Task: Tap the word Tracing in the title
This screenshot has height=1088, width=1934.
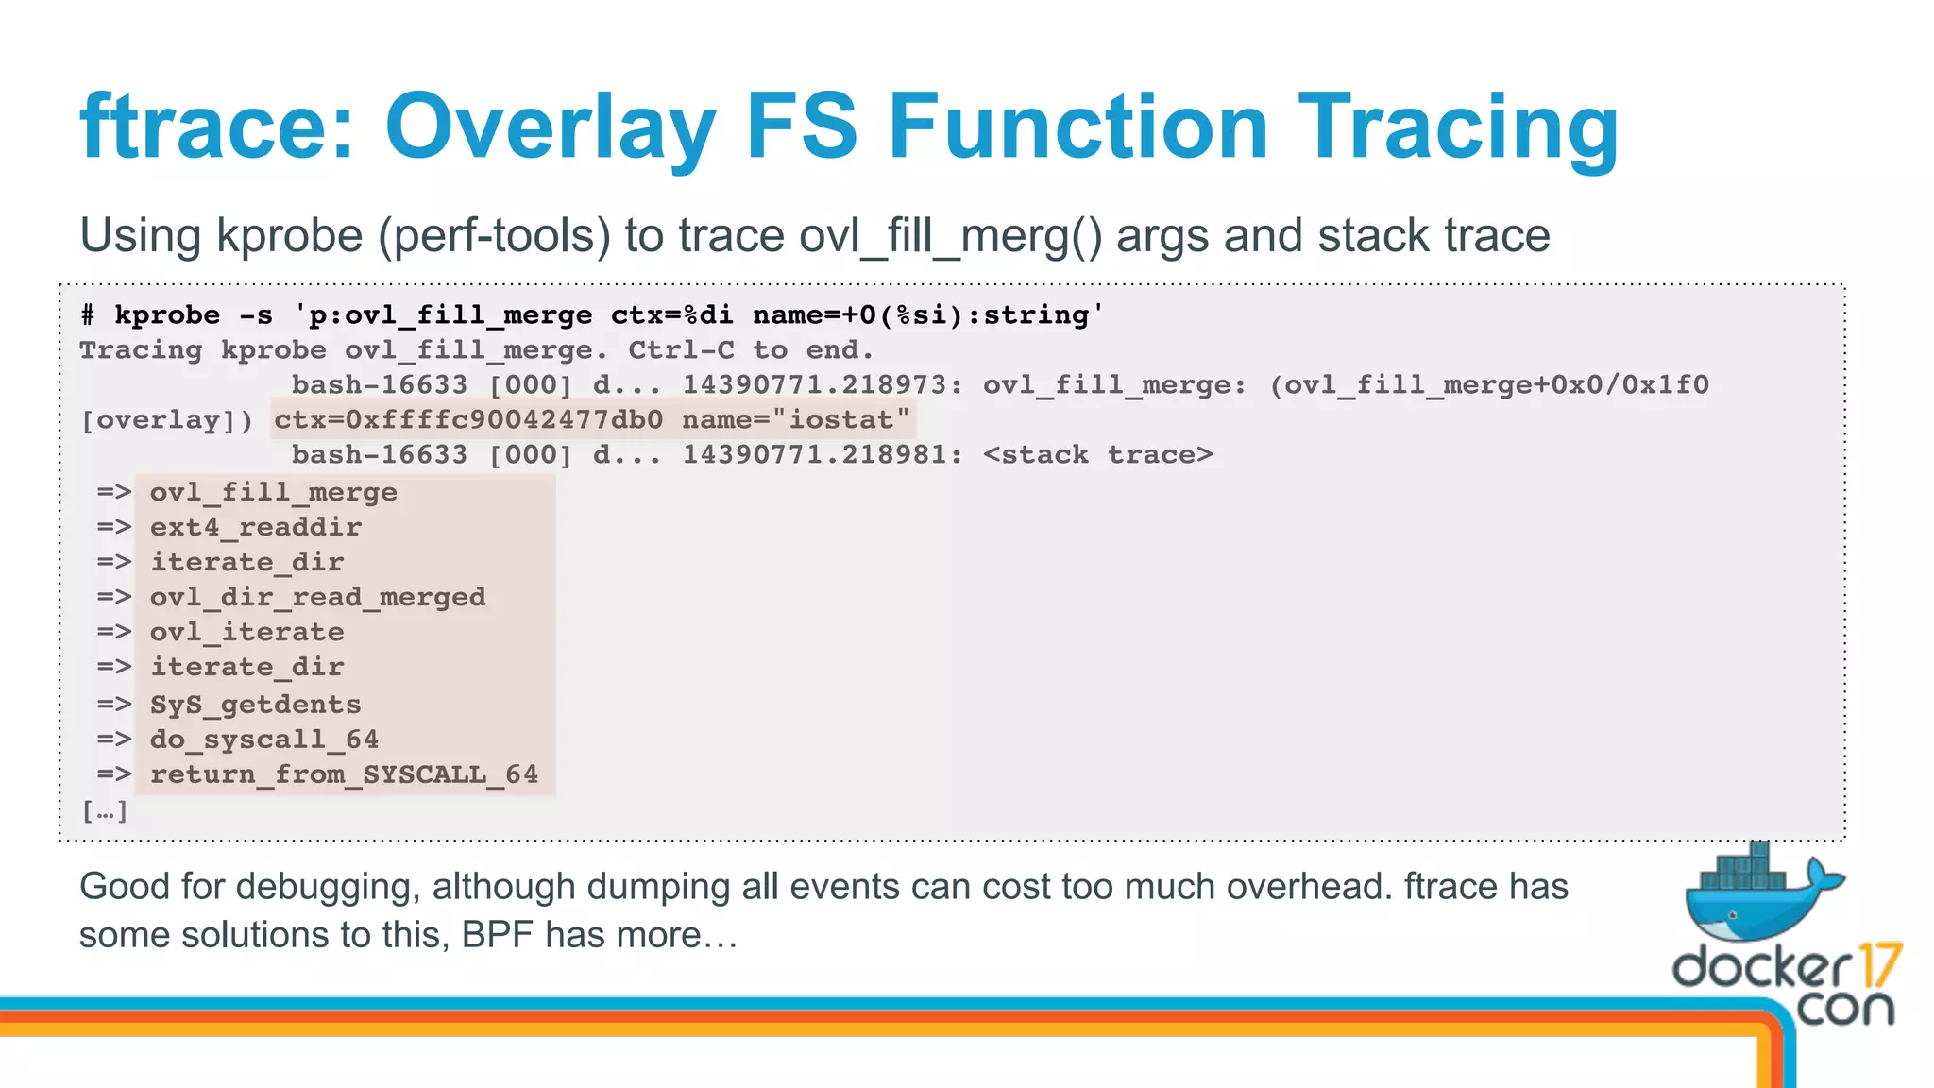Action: point(1458,127)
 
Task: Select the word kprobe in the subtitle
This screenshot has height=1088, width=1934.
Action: point(289,235)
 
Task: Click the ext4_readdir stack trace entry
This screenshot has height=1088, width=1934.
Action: point(255,527)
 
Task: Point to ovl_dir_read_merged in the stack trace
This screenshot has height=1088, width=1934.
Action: point(317,597)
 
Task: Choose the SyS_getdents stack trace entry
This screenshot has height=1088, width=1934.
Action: point(255,705)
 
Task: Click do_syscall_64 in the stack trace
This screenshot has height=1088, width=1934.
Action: point(263,739)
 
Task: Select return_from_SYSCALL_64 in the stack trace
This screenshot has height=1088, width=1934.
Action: point(344,774)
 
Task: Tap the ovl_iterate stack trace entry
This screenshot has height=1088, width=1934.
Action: point(246,632)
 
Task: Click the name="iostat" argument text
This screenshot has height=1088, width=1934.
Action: point(795,419)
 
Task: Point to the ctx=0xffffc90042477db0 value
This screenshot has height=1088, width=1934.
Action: point(468,419)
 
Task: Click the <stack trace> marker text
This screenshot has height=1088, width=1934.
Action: point(1097,455)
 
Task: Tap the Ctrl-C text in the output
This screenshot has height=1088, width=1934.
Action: point(681,350)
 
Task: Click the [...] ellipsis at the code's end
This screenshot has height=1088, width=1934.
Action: point(104,810)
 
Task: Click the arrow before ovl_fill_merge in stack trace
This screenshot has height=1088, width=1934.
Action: point(113,492)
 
